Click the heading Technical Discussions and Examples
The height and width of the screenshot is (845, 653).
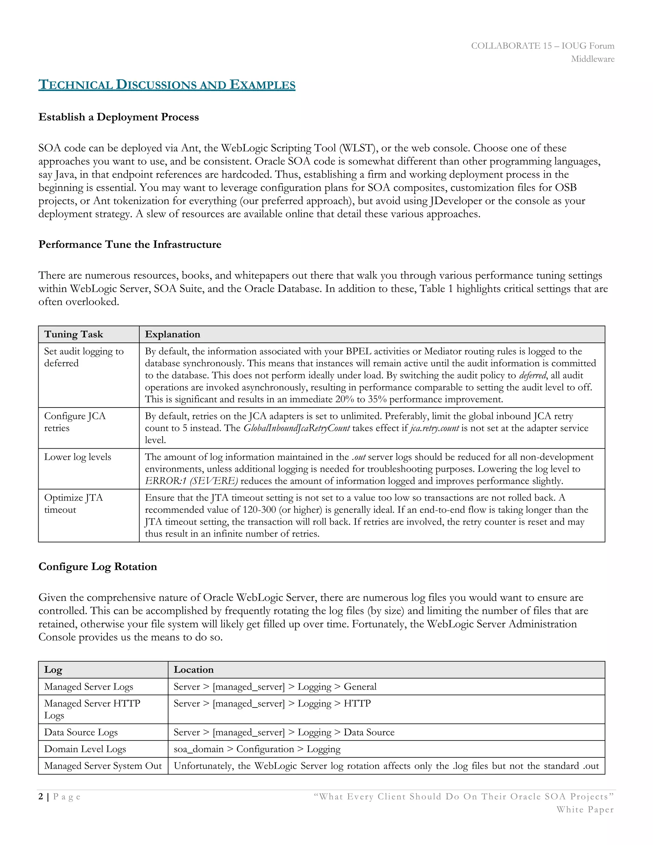coord(167,85)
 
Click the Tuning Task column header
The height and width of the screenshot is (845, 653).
coord(74,334)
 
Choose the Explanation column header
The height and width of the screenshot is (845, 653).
coord(172,334)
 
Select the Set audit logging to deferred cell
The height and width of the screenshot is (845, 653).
coord(84,357)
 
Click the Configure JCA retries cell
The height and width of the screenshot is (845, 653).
coord(75,422)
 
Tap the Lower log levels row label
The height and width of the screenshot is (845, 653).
coord(77,457)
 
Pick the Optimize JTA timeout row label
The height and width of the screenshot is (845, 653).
coord(74,503)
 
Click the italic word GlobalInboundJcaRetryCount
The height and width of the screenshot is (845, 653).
coord(296,428)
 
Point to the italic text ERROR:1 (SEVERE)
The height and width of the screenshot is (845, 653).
coord(192,481)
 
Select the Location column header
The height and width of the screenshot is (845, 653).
coord(194,670)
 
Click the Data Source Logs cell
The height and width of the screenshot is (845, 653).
coord(81,732)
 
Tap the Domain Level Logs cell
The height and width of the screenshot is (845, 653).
coord(85,749)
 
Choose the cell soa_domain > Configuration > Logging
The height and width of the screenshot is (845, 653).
coord(257,749)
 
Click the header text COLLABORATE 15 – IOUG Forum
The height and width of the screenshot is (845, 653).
coord(542,46)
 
